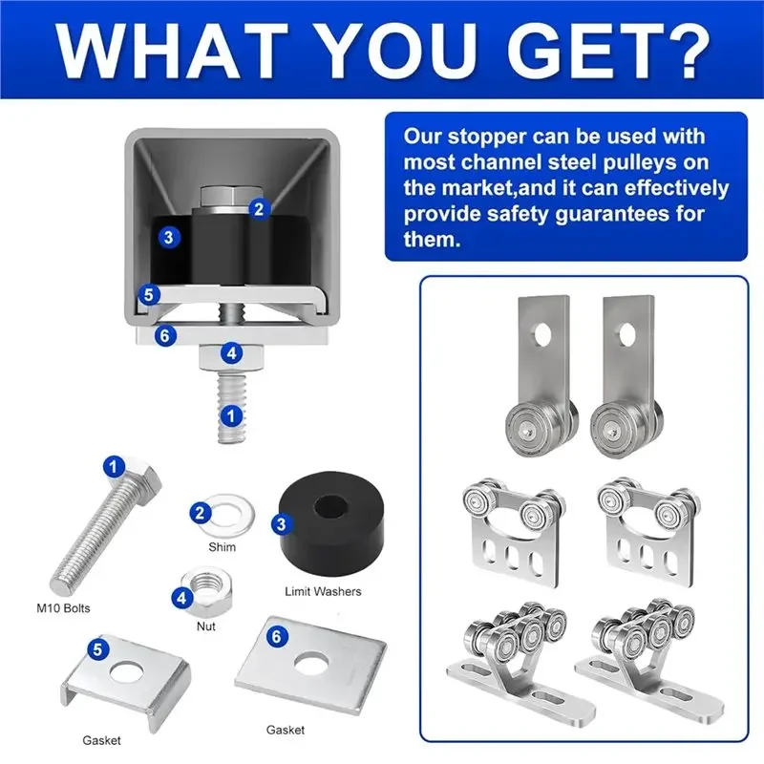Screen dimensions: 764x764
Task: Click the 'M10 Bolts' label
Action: pyautogui.click(x=63, y=608)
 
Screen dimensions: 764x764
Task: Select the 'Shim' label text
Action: pyautogui.click(x=223, y=547)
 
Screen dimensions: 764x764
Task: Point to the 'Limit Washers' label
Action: pyautogui.click(x=323, y=591)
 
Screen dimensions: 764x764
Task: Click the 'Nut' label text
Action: pyautogui.click(x=206, y=626)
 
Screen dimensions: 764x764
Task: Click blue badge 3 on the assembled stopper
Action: pyautogui.click(x=169, y=237)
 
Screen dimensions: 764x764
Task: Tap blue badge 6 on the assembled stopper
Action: pyautogui.click(x=164, y=336)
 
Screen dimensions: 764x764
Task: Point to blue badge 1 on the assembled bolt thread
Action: pyautogui.click(x=231, y=416)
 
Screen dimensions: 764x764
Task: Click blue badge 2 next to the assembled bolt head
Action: pyautogui.click(x=259, y=209)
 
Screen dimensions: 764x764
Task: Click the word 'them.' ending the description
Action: pyautogui.click(x=432, y=240)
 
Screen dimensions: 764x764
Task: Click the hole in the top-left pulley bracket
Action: pyautogui.click(x=542, y=336)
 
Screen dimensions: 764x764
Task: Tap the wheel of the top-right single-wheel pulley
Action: pyautogui.click(x=614, y=429)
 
